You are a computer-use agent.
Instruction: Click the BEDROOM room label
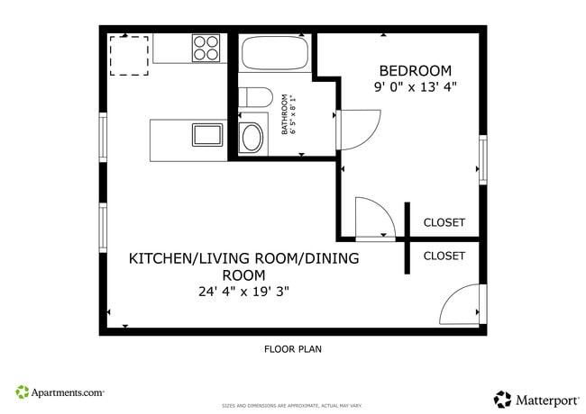point(415,70)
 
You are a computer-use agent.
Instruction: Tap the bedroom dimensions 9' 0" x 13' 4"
point(416,87)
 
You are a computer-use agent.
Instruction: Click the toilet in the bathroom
point(256,96)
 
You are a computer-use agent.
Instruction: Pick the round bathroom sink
point(252,138)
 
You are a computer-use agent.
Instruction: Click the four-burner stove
point(207,47)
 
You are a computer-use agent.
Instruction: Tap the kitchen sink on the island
point(207,136)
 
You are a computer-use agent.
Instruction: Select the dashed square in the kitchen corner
point(127,55)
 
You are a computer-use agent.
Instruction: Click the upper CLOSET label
point(444,222)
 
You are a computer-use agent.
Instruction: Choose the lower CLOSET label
point(444,256)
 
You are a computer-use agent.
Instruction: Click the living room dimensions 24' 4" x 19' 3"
point(243,292)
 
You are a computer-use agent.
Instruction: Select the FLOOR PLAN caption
point(292,349)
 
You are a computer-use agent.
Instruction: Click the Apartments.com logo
point(60,392)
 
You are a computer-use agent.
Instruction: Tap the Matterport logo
point(533,398)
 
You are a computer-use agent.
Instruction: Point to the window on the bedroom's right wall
point(482,158)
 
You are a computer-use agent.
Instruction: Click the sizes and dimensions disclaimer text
point(292,406)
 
